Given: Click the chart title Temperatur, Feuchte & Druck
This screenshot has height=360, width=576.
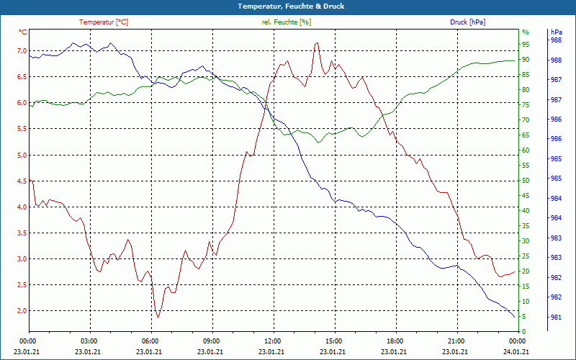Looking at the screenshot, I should click(x=287, y=6).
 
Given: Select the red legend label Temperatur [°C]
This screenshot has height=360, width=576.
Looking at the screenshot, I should click(x=104, y=22).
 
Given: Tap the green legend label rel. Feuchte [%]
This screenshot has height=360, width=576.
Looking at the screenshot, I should click(x=287, y=22).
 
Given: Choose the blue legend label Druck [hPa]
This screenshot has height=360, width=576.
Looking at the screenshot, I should click(x=467, y=22).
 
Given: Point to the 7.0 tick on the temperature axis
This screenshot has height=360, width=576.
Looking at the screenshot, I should click(x=21, y=51).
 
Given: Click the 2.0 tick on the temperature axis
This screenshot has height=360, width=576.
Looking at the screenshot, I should click(x=21, y=311).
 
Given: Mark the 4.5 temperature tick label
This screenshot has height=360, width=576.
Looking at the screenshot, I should click(x=21, y=181).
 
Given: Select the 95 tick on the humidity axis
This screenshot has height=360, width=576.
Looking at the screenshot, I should click(x=526, y=45).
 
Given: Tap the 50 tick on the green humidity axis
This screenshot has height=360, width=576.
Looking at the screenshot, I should click(x=526, y=181).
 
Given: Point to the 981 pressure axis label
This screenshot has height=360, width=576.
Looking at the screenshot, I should click(x=556, y=317).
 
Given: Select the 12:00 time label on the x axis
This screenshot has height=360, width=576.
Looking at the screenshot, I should click(x=273, y=341).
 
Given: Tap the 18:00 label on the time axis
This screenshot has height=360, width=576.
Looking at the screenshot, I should click(x=395, y=341).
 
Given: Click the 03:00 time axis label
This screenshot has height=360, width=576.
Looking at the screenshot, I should click(x=89, y=341).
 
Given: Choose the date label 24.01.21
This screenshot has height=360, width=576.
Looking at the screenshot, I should click(x=517, y=351).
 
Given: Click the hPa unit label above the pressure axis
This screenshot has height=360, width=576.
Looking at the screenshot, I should click(x=556, y=32).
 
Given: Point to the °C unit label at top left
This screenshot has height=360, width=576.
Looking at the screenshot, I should click(x=23, y=32).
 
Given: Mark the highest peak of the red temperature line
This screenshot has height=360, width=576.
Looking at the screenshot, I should click(x=316, y=43).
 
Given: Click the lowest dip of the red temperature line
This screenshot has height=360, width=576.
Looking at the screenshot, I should click(x=158, y=317).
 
